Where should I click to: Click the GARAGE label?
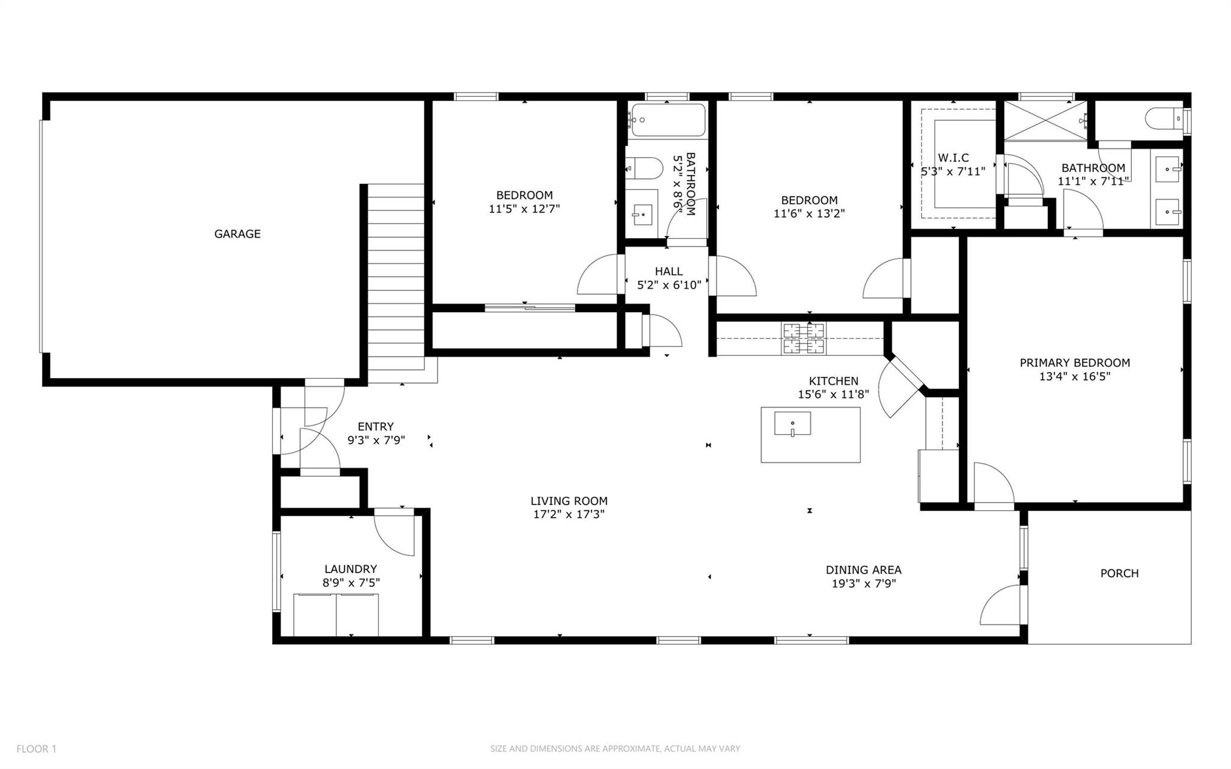[237, 234]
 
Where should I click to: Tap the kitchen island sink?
[792, 423]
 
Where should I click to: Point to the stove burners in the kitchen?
[803, 338]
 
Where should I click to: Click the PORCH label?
[1119, 574]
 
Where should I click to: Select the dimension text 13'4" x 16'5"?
[1074, 377]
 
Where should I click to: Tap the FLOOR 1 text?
[36, 749]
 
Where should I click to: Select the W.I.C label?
[953, 158]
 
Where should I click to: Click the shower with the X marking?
[1046, 120]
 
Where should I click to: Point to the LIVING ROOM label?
[569, 501]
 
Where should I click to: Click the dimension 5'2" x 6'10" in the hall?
[669, 285]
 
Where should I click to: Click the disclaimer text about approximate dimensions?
[615, 749]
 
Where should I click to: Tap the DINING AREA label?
[863, 570]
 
